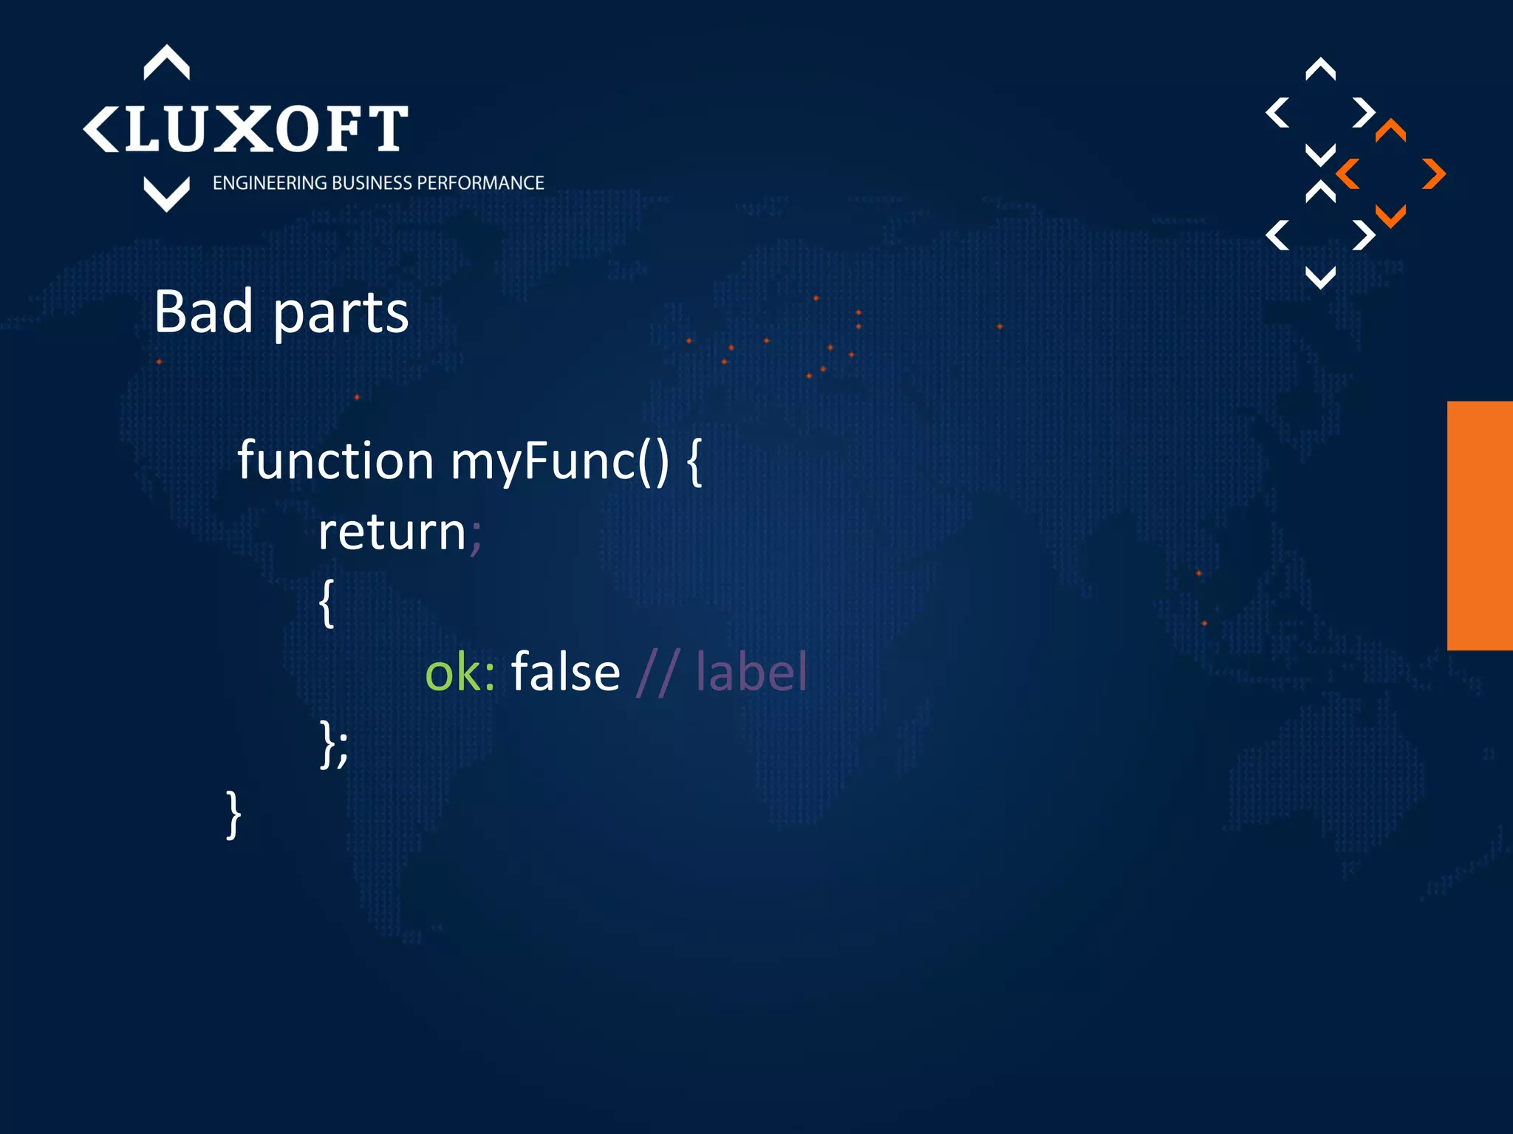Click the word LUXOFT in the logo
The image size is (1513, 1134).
266,129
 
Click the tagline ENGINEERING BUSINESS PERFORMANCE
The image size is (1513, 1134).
378,183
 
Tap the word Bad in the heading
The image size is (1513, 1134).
203,312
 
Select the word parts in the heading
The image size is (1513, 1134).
341,315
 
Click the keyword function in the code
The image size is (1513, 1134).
335,461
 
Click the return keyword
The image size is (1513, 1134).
392,532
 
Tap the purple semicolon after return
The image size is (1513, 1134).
476,535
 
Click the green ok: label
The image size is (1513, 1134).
460,673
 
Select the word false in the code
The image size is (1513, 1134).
565,672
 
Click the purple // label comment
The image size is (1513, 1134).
722,672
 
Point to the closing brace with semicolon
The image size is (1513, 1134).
333,744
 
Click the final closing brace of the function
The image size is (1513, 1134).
233,814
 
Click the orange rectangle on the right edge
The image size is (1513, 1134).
1480,526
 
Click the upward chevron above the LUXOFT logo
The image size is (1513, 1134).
166,62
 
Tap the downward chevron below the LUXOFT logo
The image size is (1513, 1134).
166,195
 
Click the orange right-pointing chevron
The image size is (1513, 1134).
1433,174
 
